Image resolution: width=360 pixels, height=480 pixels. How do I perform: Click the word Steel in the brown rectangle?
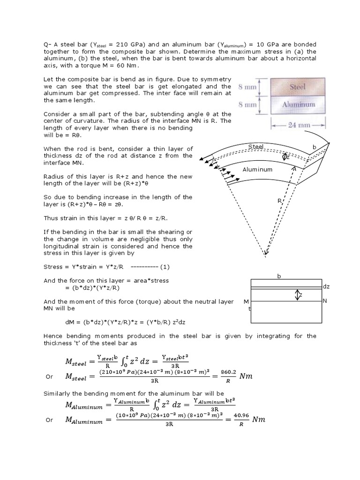[x=298, y=87]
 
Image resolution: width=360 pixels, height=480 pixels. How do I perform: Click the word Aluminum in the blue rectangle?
[x=298, y=105]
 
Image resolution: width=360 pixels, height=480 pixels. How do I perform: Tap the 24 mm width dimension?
[x=298, y=125]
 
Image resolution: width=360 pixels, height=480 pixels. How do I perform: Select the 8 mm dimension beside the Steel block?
[x=247, y=87]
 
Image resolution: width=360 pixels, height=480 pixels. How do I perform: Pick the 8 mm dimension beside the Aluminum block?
[x=247, y=105]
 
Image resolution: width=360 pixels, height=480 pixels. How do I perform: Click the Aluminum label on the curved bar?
[x=257, y=169]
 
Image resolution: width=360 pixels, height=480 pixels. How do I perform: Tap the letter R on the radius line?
[x=279, y=201]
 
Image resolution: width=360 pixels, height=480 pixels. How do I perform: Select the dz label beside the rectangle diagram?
[x=326, y=286]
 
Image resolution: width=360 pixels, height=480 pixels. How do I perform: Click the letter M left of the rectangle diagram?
[x=247, y=301]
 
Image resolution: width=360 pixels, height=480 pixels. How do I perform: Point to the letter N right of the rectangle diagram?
[x=324, y=301]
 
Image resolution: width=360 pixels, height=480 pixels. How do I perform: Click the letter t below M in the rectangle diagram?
[x=249, y=309]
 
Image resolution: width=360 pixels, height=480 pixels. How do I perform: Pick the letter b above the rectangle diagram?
[x=278, y=276]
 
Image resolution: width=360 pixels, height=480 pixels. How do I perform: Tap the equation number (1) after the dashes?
[x=165, y=267]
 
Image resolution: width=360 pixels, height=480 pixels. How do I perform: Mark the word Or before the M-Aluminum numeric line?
[x=49, y=420]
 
